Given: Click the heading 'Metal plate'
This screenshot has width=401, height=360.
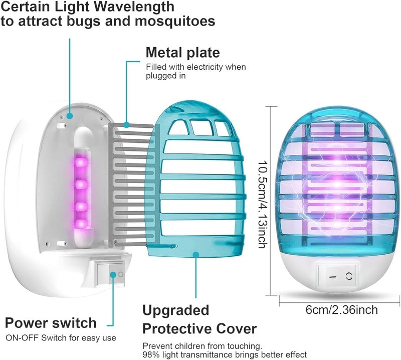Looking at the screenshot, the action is (x=182, y=53).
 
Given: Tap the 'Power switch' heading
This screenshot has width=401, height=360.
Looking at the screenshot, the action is (x=51, y=323).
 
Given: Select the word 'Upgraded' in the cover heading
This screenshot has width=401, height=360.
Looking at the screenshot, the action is (x=176, y=311).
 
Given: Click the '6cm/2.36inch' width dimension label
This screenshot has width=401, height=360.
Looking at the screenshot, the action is (x=342, y=310).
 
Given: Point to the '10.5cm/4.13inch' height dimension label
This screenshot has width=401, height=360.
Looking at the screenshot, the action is (x=263, y=204).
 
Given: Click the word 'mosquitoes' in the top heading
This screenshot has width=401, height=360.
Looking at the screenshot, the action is (x=175, y=21).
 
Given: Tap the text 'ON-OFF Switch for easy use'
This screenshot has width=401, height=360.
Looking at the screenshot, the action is (x=61, y=338).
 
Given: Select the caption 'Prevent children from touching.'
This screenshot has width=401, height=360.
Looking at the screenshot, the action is (x=203, y=346).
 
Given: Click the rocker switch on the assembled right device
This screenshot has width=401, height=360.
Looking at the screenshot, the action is (x=337, y=276).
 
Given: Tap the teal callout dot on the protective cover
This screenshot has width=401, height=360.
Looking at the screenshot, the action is (x=196, y=254).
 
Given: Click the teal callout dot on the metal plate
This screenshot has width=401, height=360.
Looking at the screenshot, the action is (x=126, y=125).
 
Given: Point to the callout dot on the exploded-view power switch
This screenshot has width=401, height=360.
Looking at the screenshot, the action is (x=113, y=275).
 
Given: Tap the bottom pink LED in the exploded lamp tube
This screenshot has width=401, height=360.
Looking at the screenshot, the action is (x=81, y=224).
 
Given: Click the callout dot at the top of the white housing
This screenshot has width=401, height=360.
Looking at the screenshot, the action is (x=70, y=116).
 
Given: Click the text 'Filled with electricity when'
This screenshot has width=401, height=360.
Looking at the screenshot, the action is (x=196, y=67).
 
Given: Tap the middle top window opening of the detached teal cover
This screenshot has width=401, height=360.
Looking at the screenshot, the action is (x=202, y=128).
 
